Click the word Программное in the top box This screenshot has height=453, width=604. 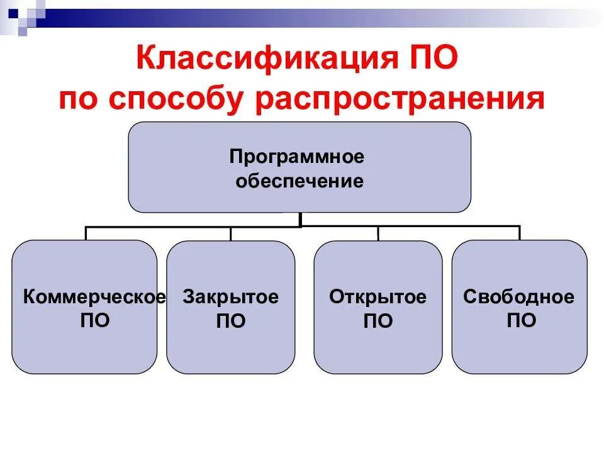click(296, 155)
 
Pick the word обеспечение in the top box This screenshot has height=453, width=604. click(299, 181)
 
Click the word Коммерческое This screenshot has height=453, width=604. click(94, 297)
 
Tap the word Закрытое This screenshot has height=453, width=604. click(231, 297)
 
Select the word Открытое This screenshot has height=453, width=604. click(377, 297)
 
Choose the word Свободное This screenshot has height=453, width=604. click(519, 297)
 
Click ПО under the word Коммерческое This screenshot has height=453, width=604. click(95, 321)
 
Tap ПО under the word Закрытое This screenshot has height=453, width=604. click(231, 322)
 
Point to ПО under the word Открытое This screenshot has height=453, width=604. click(377, 322)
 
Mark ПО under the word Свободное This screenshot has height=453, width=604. click(522, 321)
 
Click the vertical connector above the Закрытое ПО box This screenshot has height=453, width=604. click(231, 233)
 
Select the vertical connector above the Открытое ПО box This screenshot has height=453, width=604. click(378, 233)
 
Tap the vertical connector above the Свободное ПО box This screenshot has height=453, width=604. click(520, 233)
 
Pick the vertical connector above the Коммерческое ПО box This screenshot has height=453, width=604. click(86, 233)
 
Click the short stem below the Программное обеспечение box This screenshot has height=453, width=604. click(301, 219)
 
